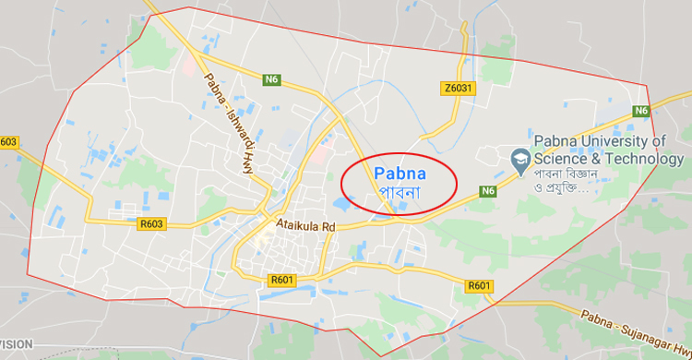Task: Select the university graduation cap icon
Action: tap(519, 159)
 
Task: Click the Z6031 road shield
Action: tap(458, 88)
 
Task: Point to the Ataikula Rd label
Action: tap(305, 223)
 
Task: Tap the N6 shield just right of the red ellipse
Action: tap(488, 192)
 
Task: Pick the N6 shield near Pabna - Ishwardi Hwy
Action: tap(271, 80)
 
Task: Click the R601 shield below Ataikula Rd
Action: tap(281, 280)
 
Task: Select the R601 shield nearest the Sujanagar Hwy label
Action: tap(479, 285)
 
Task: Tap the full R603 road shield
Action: tap(150, 222)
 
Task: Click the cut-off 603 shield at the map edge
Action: tap(8, 142)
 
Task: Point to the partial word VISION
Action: tap(16, 343)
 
